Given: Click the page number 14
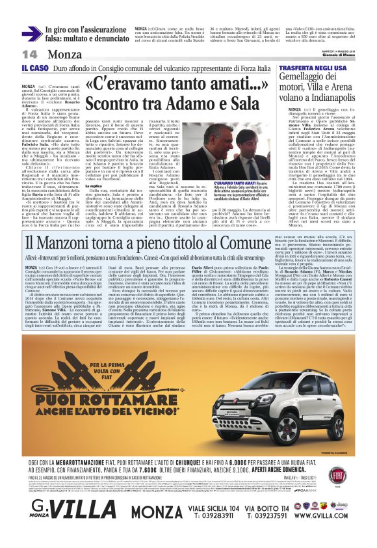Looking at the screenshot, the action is tap(29, 53).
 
